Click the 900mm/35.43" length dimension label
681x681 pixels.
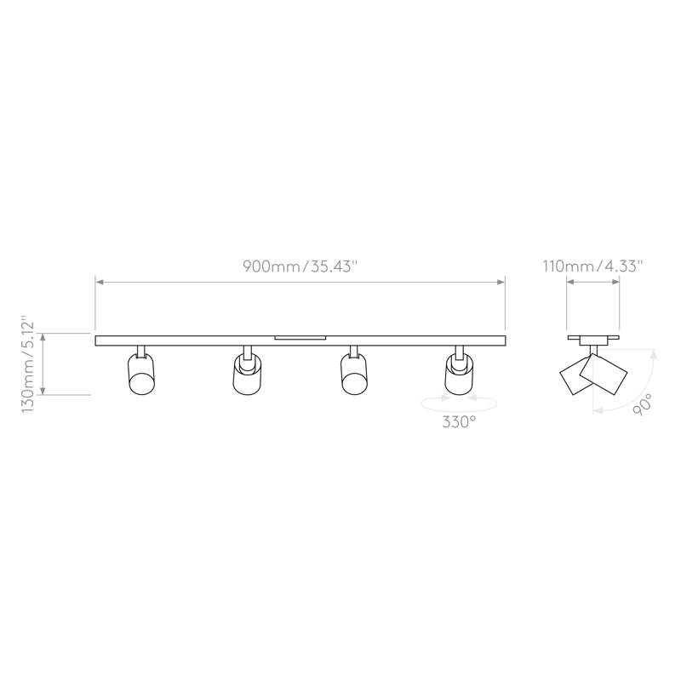tap(300, 266)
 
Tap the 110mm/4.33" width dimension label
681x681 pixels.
tap(592, 266)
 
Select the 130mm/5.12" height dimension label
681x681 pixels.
tap(28, 364)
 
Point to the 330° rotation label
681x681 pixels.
tap(459, 421)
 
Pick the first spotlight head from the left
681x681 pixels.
tap(141, 374)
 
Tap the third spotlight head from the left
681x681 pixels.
tap(354, 374)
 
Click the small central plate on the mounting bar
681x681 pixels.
tap(300, 337)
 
